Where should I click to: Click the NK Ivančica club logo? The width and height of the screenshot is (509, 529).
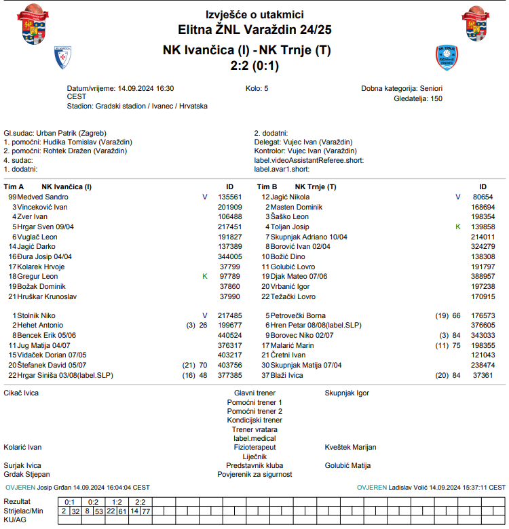click(63, 58)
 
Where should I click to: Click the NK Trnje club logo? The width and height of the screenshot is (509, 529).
click(445, 58)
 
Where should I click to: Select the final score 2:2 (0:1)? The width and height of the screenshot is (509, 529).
click(254, 66)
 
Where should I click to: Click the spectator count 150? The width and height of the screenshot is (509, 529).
click(436, 98)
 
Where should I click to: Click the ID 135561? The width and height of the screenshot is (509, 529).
click(229, 197)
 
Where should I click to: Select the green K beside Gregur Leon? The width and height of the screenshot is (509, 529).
click(204, 277)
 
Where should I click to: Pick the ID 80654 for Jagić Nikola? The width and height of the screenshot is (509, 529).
click(483, 197)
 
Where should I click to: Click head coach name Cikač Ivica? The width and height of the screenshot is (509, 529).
click(22, 393)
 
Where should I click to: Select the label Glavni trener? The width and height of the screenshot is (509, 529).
click(254, 393)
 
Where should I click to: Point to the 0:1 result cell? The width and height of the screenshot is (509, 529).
click(69, 501)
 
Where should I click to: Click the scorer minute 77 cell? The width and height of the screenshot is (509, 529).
click(146, 511)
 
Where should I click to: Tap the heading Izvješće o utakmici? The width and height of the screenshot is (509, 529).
click(254, 14)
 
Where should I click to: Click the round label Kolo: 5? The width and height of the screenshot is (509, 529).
click(257, 89)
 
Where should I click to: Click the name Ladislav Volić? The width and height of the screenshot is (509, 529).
click(410, 487)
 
